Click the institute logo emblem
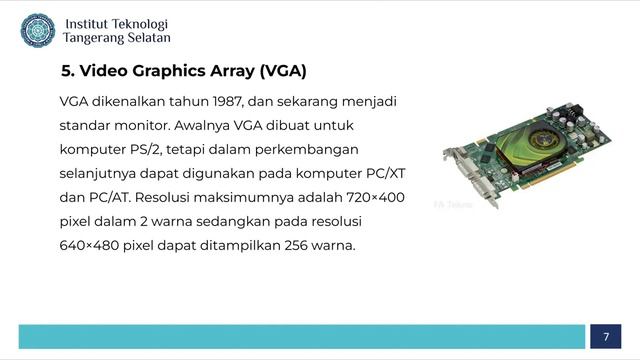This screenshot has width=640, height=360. point(37,30)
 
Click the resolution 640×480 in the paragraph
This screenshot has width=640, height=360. point(88,245)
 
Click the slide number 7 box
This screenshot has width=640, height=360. point(605,336)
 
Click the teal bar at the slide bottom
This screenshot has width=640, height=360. point(301,336)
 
